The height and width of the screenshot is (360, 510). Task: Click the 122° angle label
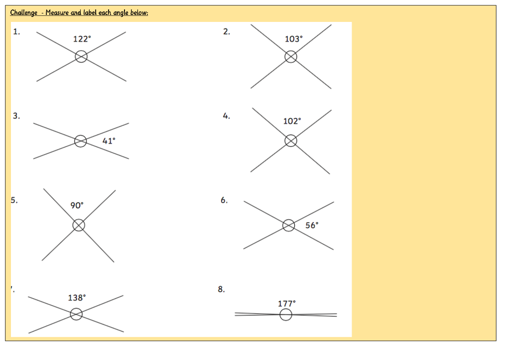[82, 39]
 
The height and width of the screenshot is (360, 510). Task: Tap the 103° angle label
[294, 39]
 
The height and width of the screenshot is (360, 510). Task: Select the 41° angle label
[109, 141]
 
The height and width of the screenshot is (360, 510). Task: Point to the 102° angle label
[292, 121]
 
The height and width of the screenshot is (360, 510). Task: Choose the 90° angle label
[77, 205]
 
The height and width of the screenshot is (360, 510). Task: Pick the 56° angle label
[312, 226]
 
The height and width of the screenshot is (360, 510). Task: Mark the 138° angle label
[77, 298]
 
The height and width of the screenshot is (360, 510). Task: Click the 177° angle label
[286, 303]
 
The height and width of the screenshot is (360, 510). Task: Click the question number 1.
[16, 31]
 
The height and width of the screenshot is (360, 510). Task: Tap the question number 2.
[227, 31]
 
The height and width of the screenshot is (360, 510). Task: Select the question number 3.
[16, 116]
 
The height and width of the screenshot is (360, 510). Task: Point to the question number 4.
[227, 116]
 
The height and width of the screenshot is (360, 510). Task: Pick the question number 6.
[224, 200]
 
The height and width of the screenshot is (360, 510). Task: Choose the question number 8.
[221, 289]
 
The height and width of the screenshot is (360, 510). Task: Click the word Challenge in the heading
[24, 12]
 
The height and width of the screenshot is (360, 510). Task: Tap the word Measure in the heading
[57, 12]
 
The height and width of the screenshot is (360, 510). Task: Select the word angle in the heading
[121, 13]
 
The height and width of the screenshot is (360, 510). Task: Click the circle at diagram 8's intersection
[286, 309]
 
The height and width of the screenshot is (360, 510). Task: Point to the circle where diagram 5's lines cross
[79, 219]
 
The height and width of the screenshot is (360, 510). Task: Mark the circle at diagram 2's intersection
[291, 51]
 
